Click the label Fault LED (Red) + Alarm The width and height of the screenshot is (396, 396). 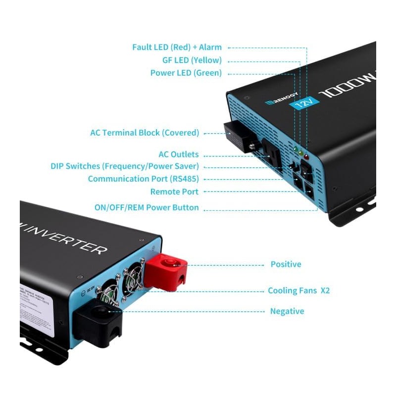(177, 48)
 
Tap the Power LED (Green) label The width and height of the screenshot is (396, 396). (186, 73)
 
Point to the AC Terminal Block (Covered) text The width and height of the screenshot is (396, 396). (145, 133)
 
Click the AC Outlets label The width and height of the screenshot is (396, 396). (178, 154)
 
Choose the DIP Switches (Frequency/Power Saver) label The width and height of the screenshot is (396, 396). (125, 166)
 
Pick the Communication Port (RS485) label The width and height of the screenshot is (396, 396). (143, 179)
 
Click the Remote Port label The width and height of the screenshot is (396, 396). (174, 192)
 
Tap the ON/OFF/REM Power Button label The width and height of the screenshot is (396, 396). (147, 207)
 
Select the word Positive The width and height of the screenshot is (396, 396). (286, 264)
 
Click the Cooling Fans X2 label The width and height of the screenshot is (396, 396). (298, 291)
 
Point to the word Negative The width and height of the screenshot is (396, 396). (287, 311)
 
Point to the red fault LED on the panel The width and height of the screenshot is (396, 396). (306, 156)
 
